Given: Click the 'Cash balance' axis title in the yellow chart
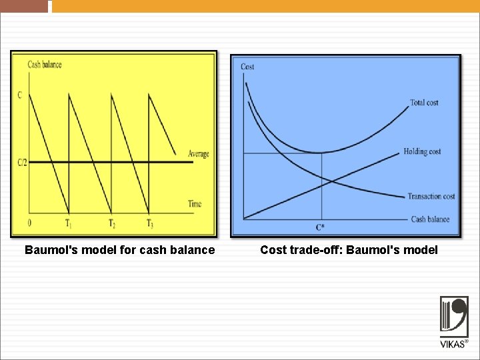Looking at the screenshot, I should (x=44, y=65).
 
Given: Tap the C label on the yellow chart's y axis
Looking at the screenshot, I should (x=19, y=95).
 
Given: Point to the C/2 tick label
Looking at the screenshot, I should (x=22, y=162).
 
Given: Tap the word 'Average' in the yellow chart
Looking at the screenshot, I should (x=198, y=154).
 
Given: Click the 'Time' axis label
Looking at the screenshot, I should (x=194, y=204).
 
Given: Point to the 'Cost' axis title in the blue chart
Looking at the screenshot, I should (x=247, y=67).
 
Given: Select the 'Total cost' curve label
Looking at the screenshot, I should (x=424, y=103).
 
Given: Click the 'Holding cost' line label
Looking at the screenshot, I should (x=422, y=152).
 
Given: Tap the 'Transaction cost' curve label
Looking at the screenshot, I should (x=431, y=196).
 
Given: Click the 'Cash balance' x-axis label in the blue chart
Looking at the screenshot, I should (x=430, y=219).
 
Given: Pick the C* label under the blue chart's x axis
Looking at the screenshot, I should (x=321, y=227).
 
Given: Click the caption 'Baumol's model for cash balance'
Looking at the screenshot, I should (x=119, y=250).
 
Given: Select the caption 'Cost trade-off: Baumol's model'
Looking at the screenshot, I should (x=349, y=250).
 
